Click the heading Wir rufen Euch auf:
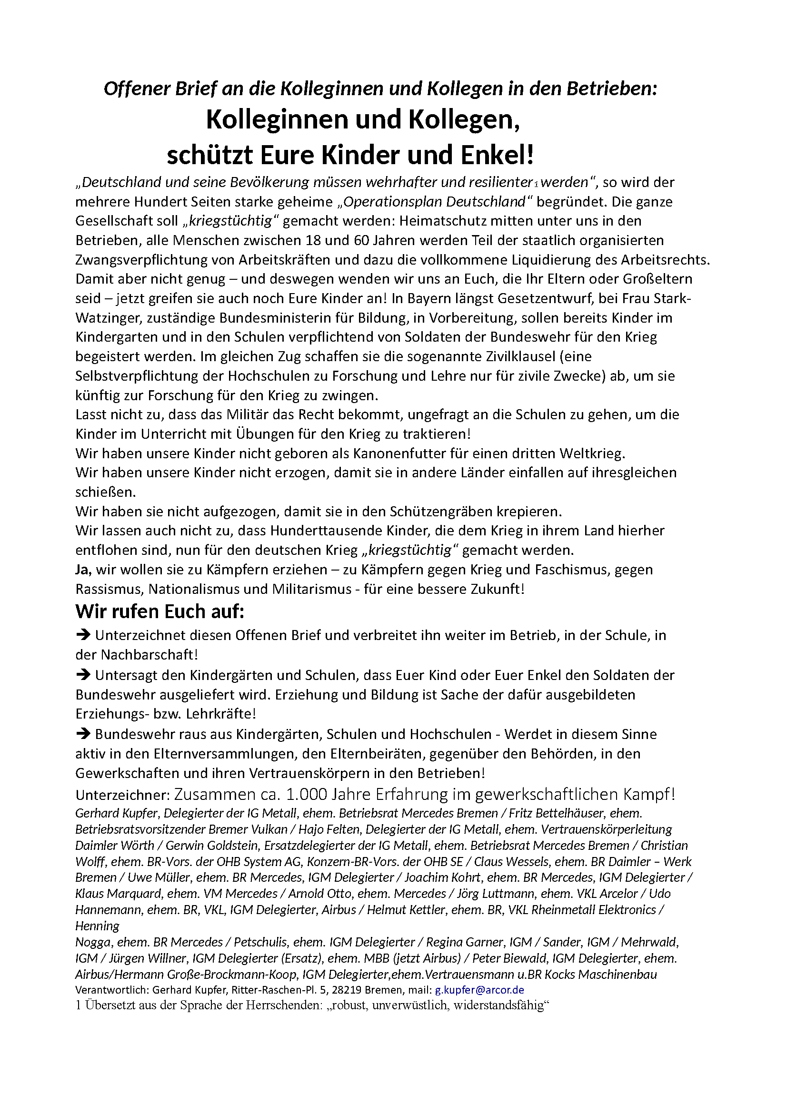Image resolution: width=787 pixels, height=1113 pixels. point(159,612)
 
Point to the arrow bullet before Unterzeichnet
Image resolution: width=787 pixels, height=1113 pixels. point(83,635)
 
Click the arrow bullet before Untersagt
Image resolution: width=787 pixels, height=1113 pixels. point(83,674)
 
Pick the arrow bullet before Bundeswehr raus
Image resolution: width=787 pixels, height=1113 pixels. point(83,733)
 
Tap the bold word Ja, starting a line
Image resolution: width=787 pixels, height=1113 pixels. point(83,570)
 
